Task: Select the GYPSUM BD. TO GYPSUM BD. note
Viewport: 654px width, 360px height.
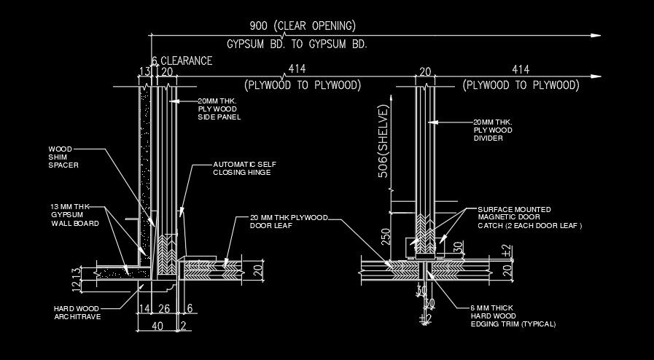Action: click(297, 44)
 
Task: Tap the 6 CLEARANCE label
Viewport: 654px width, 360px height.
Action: click(182, 60)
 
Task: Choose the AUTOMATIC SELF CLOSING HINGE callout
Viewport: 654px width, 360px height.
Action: click(241, 168)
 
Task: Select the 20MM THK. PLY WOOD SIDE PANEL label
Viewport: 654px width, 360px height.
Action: click(219, 109)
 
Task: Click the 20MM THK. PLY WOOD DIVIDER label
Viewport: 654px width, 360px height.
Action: click(493, 130)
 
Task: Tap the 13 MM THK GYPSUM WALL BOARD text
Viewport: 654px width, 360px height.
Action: click(69, 215)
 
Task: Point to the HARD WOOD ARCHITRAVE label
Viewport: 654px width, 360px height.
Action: click(77, 312)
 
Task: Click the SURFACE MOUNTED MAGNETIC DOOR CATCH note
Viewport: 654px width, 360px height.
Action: click(529, 217)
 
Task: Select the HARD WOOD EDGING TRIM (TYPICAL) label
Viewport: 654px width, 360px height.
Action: click(513, 316)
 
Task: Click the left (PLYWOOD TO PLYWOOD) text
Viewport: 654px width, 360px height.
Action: click(303, 85)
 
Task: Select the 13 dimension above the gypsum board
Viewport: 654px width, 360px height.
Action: click(144, 72)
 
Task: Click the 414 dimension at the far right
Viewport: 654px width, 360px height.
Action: click(520, 69)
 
